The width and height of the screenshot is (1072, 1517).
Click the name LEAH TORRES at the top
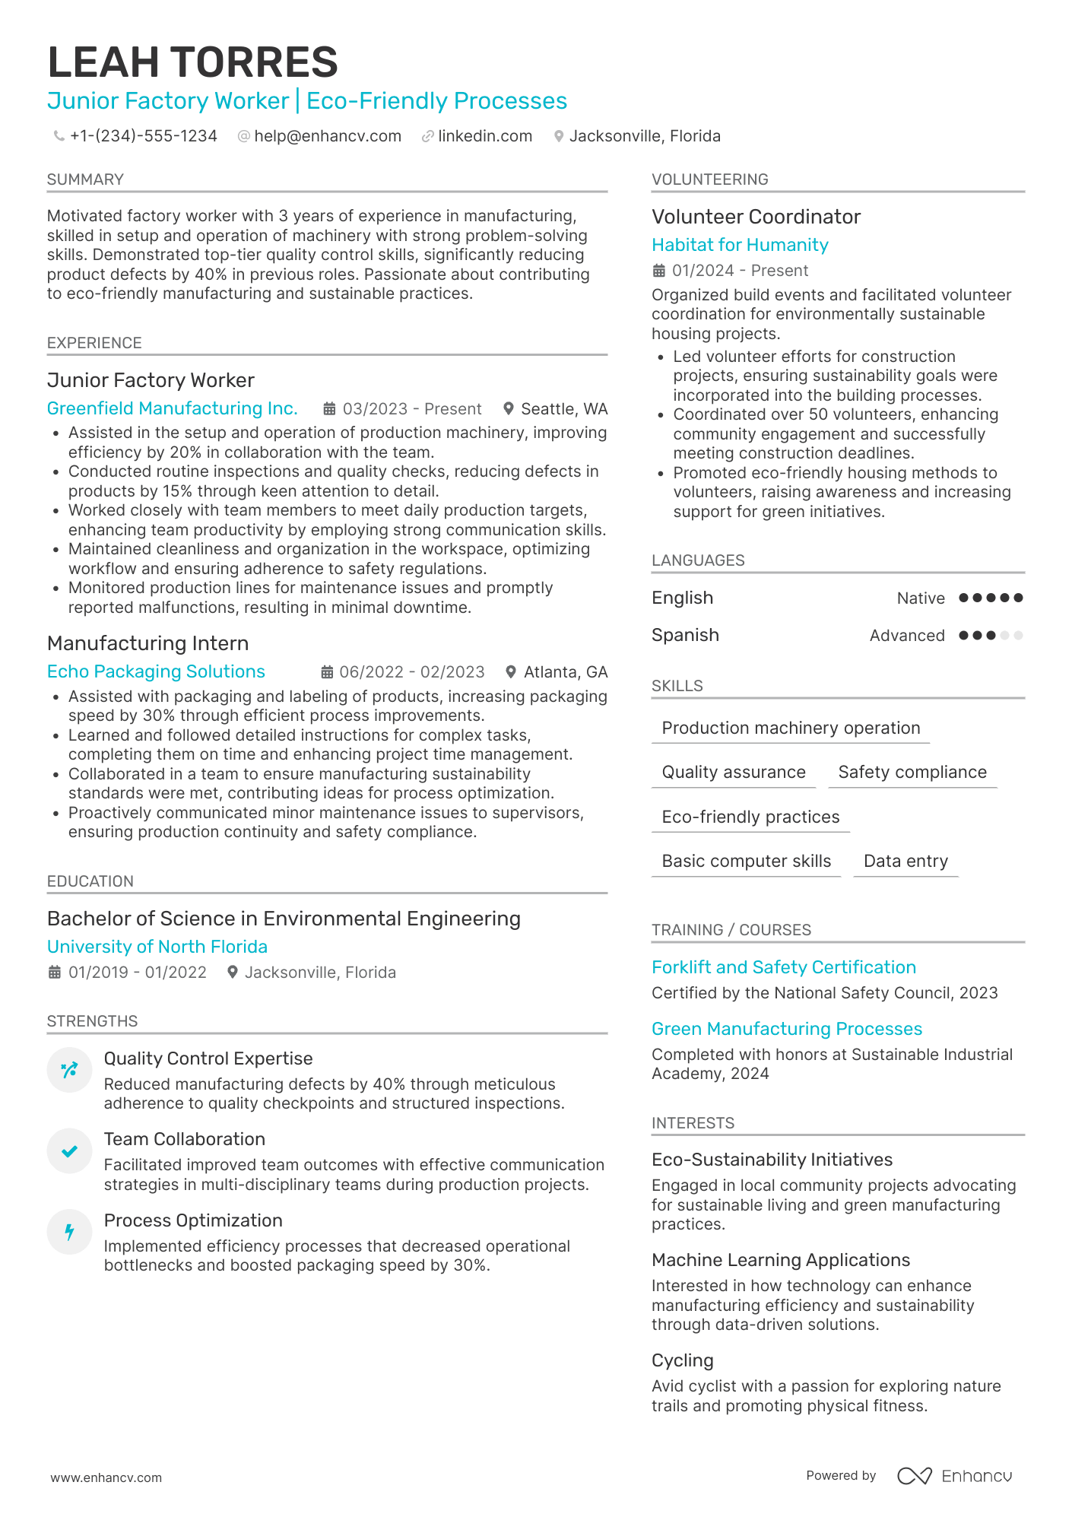(x=192, y=62)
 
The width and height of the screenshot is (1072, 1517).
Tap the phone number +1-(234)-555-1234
(x=143, y=136)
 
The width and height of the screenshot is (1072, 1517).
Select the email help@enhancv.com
(x=328, y=136)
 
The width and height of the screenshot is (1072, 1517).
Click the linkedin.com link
(x=485, y=136)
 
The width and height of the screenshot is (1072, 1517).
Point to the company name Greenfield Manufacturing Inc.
(x=172, y=408)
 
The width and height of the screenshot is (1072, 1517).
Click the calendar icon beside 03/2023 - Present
(x=329, y=409)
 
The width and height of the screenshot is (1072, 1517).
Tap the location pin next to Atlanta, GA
(x=511, y=672)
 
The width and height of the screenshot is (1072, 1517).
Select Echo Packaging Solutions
(x=156, y=671)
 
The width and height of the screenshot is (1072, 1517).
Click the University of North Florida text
(x=157, y=947)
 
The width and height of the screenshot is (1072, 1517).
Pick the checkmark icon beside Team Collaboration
(x=69, y=1151)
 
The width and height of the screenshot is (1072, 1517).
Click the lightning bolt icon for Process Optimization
(x=69, y=1232)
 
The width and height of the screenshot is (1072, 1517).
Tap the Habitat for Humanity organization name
(x=740, y=245)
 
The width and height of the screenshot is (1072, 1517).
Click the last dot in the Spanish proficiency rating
(x=1019, y=635)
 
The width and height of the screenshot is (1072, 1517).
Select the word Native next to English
(x=921, y=598)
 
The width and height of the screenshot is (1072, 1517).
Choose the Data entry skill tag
(x=905, y=861)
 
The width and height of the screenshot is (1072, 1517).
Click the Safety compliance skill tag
(x=912, y=772)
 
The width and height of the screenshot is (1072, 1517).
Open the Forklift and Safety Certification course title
(x=784, y=967)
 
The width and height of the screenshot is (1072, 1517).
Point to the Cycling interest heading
(x=683, y=1360)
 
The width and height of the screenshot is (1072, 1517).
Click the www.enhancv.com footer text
(x=106, y=1477)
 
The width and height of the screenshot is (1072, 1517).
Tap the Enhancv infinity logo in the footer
(x=914, y=1476)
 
